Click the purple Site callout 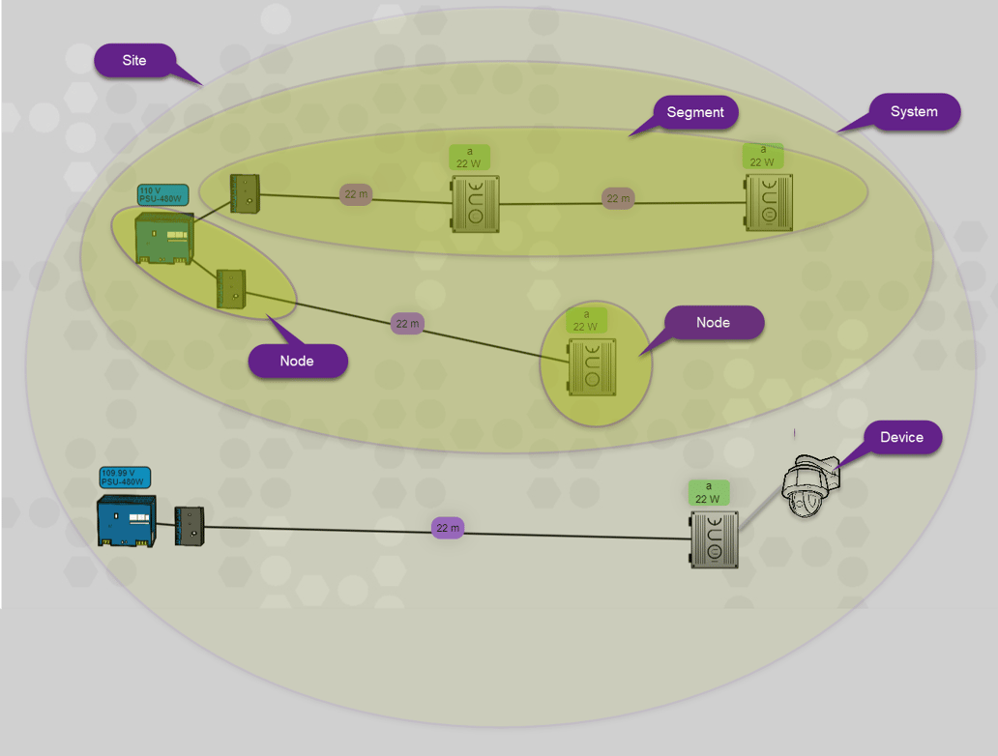[x=134, y=60]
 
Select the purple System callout [x=913, y=112]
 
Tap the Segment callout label [x=694, y=112]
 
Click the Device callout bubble [x=900, y=438]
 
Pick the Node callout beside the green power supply [x=297, y=361]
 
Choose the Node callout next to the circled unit [x=713, y=323]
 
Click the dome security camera [x=809, y=486]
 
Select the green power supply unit [x=163, y=238]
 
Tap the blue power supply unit [x=126, y=522]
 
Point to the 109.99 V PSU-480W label [x=125, y=478]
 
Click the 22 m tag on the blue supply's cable [x=448, y=528]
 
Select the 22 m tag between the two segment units [x=618, y=198]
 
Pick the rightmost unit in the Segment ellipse [x=769, y=203]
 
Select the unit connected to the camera [x=714, y=539]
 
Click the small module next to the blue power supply [x=189, y=526]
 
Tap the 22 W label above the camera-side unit [x=708, y=493]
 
